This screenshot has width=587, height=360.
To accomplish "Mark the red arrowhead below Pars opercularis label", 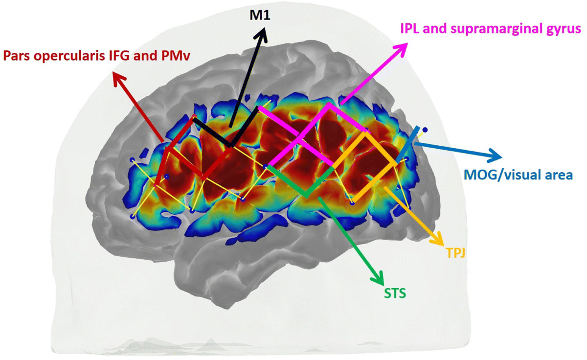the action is pos(117,78).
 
